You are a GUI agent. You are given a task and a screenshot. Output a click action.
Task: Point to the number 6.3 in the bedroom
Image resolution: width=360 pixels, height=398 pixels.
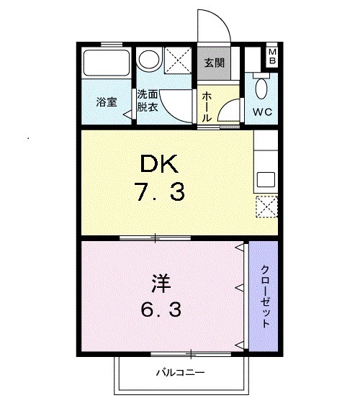point(161,310)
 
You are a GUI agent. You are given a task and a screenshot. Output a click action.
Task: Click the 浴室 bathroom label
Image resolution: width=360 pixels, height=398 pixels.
point(108,102)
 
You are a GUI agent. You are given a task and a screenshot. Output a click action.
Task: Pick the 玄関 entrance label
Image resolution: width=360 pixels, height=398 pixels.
point(214,63)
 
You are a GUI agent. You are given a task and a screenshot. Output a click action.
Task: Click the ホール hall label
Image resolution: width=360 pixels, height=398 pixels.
point(207,106)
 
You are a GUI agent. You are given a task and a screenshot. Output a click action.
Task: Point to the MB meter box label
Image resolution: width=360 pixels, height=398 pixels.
point(273,57)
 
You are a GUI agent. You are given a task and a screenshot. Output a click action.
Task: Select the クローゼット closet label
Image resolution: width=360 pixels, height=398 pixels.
point(265,297)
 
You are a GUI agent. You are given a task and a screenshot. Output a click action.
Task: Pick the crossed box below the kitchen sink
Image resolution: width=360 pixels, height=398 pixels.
point(265,208)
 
